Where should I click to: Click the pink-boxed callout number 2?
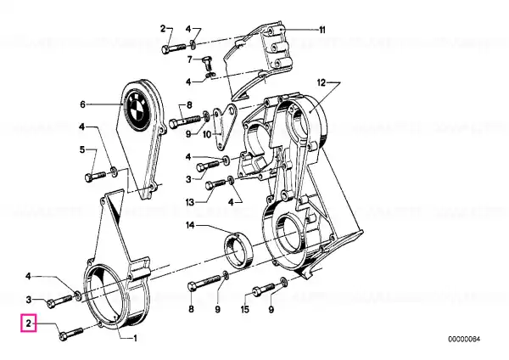point(29,323)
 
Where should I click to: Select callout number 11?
point(322,30)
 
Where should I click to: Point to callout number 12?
point(321,83)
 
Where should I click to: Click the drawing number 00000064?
point(464,340)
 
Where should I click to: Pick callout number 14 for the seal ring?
point(190,225)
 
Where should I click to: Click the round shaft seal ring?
point(239,250)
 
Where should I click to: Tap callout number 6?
point(82,104)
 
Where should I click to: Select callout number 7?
point(190,59)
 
